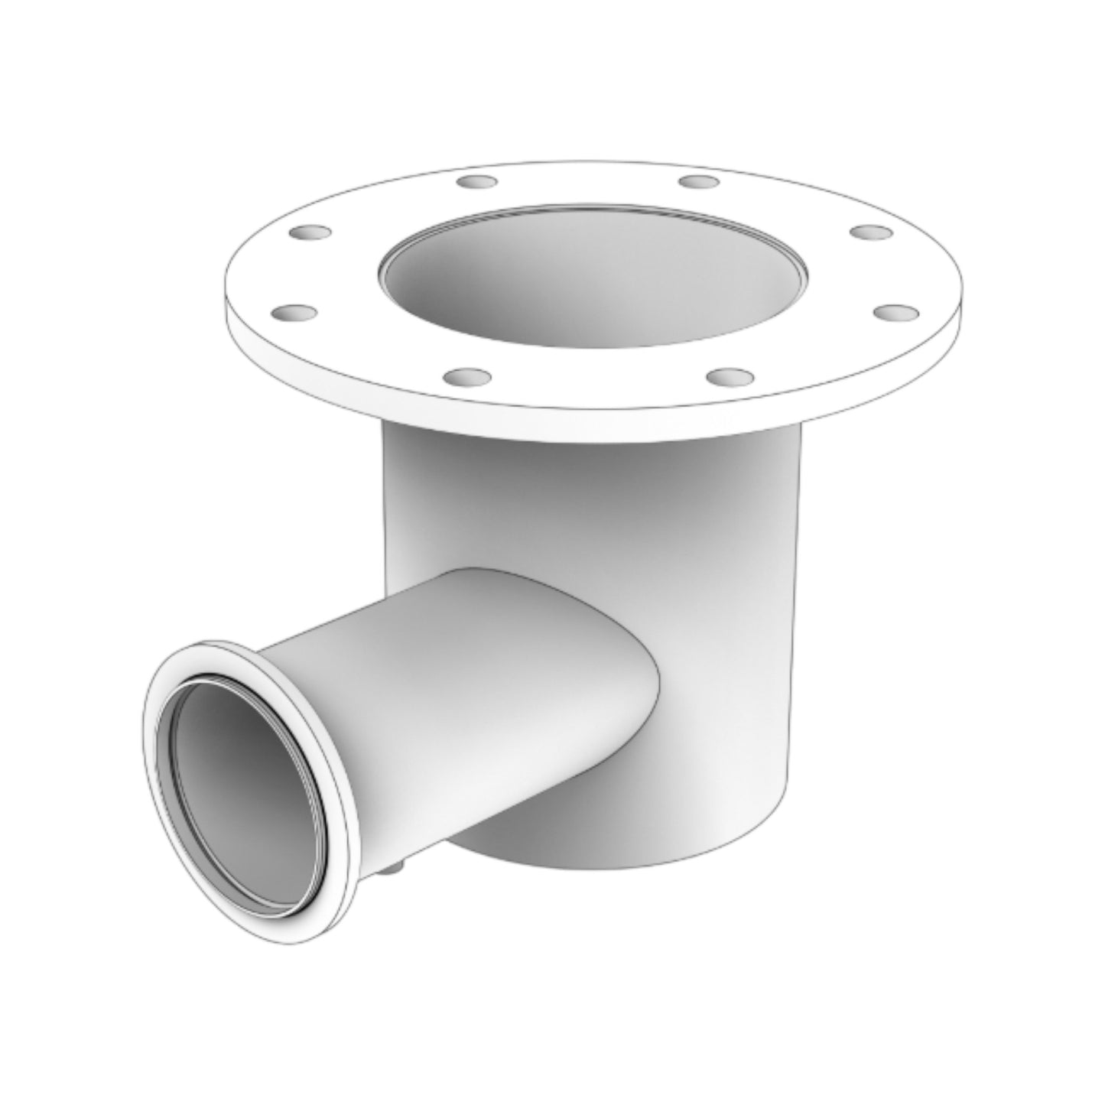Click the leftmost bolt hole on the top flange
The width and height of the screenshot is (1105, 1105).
(x=294, y=313)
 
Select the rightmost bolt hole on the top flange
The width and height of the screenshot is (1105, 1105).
(x=895, y=313)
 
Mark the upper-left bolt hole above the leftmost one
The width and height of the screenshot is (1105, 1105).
(x=310, y=231)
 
